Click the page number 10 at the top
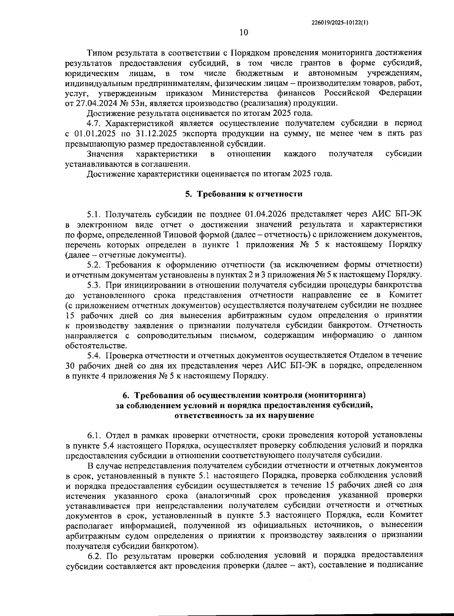pos(243,33)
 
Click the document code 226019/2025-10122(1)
pos(339,22)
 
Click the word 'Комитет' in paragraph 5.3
pos(405,295)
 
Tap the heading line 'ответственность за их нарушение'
pos(244,415)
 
